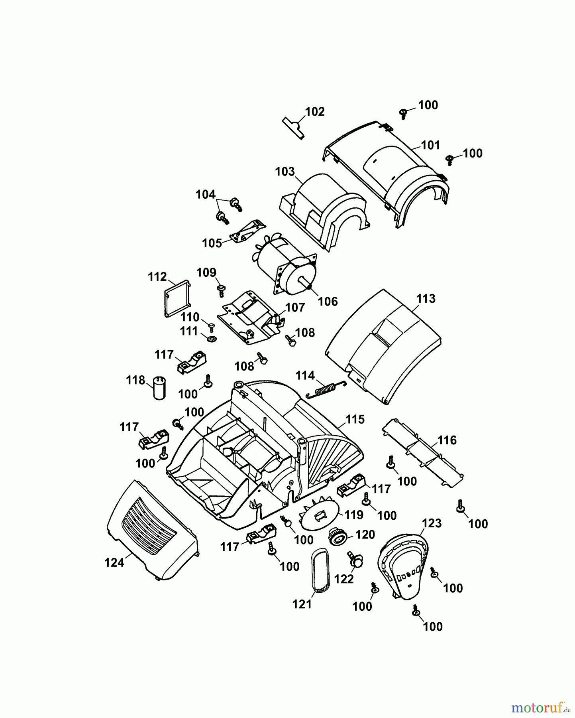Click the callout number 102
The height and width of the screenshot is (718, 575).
tap(315, 112)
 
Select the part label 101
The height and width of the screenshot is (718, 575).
tap(430, 145)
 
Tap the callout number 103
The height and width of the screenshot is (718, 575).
tap(285, 172)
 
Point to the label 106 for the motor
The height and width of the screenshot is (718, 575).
tap(328, 301)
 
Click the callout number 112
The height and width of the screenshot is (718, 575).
tap(157, 276)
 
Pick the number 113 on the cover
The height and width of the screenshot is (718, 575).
tap(426, 299)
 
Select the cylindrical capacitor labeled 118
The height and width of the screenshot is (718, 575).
tap(159, 387)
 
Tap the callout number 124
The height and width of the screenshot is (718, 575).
tap(114, 562)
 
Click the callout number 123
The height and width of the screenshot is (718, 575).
tap(432, 523)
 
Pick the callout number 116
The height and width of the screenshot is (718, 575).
tap(447, 440)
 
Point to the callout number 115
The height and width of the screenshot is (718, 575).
tap(355, 419)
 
